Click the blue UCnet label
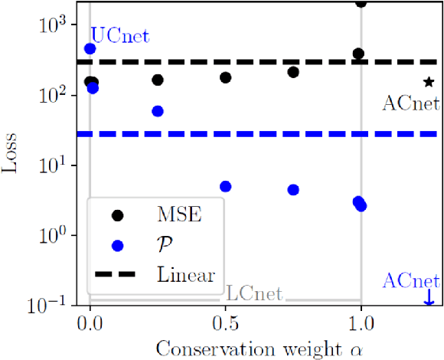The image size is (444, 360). [x=120, y=35]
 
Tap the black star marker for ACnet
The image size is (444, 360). [x=429, y=82]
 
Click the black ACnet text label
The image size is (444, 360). [x=410, y=103]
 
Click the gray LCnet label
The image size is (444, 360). [x=255, y=293]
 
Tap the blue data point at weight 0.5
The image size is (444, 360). [x=225, y=186]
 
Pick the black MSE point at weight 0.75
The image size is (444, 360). [x=292, y=72]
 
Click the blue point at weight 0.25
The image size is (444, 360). [x=158, y=111]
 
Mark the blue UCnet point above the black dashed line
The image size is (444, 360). [x=90, y=48]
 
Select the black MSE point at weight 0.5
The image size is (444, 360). [x=225, y=77]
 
